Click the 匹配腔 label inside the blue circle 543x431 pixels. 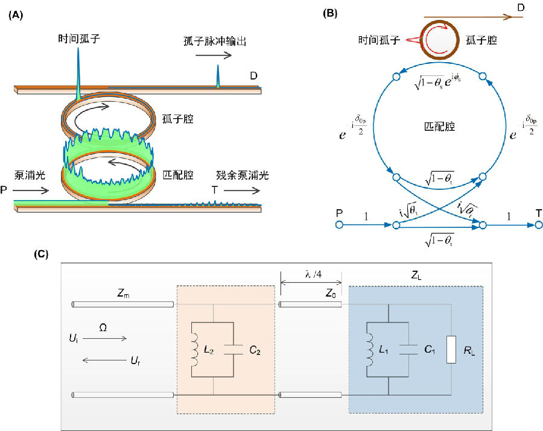pyautogui.click(x=439, y=128)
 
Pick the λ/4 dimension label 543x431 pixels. pyautogui.click(x=310, y=275)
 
